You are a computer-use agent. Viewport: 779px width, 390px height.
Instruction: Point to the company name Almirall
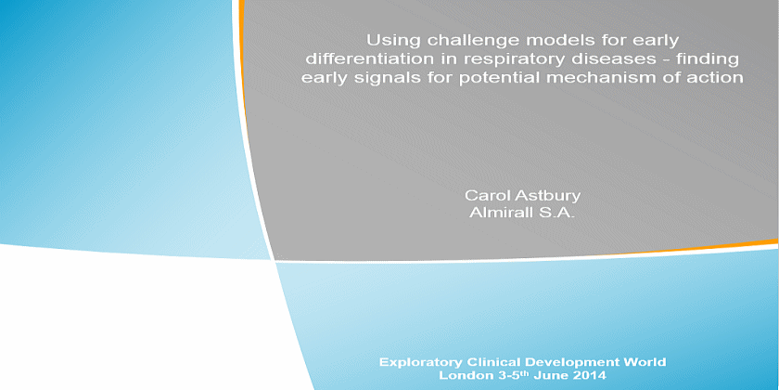pos(502,214)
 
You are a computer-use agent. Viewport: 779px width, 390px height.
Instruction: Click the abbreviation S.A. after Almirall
pos(556,214)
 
